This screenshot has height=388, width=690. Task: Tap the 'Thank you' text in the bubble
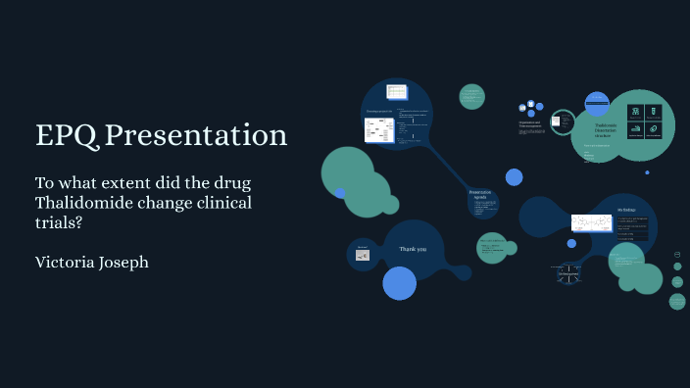point(413,249)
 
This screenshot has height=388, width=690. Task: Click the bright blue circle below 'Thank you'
point(400,283)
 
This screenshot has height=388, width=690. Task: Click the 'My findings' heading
point(626,210)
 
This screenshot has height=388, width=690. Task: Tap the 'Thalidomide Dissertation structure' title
point(606,130)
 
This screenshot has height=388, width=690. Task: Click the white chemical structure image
point(591,223)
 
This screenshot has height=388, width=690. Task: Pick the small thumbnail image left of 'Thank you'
point(362,255)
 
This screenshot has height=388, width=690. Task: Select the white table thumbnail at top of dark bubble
point(396,92)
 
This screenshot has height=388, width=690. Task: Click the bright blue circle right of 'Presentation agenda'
point(514,177)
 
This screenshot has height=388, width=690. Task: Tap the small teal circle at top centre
point(472,96)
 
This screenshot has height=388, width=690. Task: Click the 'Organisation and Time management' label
point(529,124)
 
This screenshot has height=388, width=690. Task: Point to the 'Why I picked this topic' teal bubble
point(492,247)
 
